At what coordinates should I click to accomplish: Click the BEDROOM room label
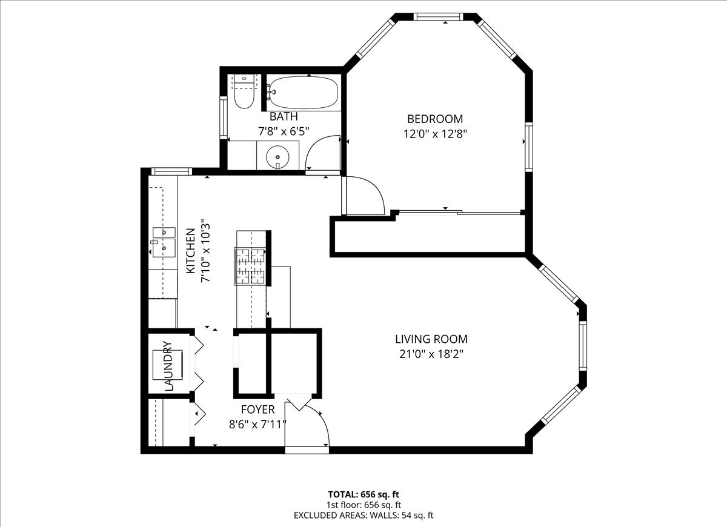click(434, 119)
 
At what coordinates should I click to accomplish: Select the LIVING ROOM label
click(431, 339)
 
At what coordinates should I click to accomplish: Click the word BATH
click(284, 116)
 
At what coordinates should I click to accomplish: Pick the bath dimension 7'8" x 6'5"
click(284, 130)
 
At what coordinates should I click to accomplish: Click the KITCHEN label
click(190, 250)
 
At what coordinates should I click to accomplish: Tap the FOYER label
click(257, 409)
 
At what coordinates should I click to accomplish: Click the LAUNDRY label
click(168, 365)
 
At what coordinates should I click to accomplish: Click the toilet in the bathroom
click(244, 95)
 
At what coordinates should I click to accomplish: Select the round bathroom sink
click(277, 156)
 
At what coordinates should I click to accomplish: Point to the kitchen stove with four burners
click(251, 267)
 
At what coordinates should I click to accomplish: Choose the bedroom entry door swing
click(363, 195)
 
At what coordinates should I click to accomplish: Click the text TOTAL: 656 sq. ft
click(363, 494)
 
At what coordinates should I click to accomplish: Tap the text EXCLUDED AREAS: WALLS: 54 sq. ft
click(363, 515)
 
